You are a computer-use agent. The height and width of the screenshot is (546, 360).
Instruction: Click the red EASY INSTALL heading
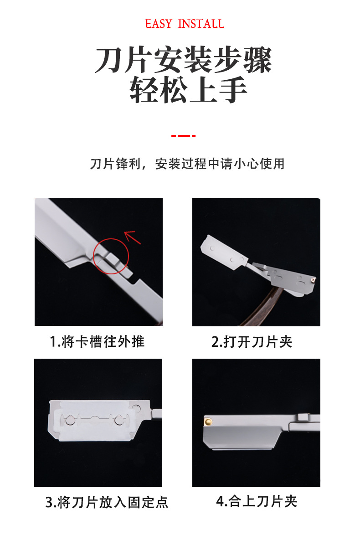coord(185,24)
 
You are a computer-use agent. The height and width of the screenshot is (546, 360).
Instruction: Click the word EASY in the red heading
coord(159,24)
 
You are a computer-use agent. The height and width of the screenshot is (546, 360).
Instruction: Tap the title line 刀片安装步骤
coord(183,60)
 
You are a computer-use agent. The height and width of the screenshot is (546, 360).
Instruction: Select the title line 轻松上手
coord(188,90)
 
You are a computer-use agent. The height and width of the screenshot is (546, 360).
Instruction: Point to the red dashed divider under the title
coord(184,135)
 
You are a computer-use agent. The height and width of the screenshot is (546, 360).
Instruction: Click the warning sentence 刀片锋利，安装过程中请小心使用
coord(187,164)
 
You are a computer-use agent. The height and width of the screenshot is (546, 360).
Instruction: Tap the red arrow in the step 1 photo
coord(132,237)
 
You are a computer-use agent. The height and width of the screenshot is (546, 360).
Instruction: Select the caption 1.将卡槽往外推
coord(97,342)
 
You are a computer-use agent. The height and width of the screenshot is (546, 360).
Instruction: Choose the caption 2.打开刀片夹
coord(252,342)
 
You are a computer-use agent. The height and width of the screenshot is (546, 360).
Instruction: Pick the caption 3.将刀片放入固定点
coord(107,502)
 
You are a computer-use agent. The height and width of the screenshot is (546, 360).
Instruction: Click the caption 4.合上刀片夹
coord(257,501)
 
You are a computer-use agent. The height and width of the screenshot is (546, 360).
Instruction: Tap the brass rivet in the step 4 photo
coord(208,422)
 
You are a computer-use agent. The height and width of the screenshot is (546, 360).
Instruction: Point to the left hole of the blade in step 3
coord(70,420)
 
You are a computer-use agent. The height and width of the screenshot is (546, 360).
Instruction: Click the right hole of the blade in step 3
coord(119,420)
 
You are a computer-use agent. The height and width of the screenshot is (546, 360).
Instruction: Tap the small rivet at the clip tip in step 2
coord(313,279)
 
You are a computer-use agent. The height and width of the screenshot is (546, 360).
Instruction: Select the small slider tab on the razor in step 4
coord(303,417)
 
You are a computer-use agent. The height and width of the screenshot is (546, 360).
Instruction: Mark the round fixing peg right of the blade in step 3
coord(136,408)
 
